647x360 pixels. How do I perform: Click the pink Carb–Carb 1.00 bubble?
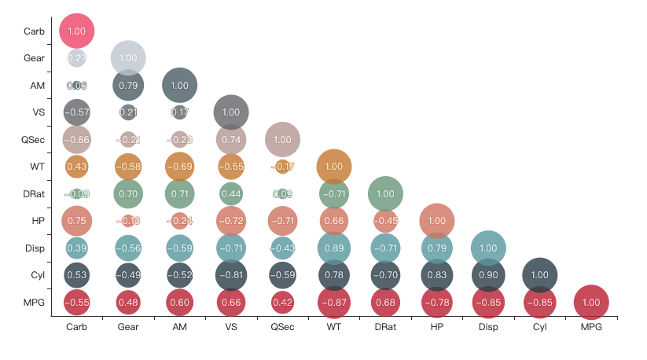[77, 31]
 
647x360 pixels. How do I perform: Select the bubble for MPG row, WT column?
[333, 302]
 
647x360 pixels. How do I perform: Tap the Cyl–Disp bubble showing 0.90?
[487, 274]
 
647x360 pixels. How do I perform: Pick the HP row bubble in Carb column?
[77, 221]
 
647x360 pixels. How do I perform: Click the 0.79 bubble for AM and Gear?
[128, 85]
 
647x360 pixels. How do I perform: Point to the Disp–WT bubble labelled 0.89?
[333, 248]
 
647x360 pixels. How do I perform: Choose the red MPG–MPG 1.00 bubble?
[590, 302]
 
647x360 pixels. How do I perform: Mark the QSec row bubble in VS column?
[231, 139]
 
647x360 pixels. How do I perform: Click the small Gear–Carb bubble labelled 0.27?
[77, 58]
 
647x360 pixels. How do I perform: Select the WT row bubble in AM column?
[179, 167]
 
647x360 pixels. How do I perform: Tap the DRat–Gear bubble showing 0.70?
[128, 193]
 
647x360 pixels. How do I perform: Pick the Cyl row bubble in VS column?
[231, 274]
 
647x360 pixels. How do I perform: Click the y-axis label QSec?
[34, 139]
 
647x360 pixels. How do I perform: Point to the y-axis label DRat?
[33, 193]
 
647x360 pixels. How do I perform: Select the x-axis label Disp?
[487, 327]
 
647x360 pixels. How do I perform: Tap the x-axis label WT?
[333, 327]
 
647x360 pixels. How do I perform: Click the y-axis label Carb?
[34, 31]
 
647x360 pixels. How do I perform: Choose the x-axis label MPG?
[590, 327]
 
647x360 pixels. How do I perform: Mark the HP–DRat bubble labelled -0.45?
[385, 221]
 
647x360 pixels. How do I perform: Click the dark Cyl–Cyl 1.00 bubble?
[539, 274]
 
